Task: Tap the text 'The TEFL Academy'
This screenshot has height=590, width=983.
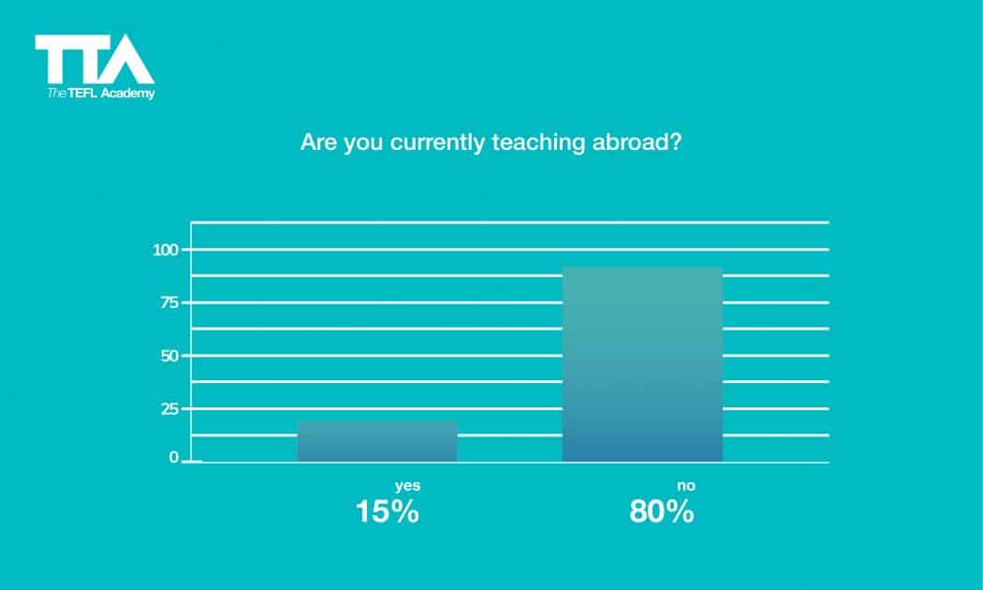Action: point(101,94)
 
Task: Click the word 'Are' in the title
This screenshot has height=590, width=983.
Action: point(315,144)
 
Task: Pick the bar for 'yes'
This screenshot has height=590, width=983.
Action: point(377,441)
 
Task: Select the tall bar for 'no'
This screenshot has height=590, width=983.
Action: point(642,364)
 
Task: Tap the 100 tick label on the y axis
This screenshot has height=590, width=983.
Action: point(166,250)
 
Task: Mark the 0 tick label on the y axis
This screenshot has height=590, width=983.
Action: point(173,458)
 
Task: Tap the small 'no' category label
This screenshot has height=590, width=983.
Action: point(686,485)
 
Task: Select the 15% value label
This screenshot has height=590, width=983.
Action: point(387,512)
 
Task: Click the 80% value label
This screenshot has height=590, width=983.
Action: point(662,512)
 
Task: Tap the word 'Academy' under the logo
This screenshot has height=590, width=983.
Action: point(130,94)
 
